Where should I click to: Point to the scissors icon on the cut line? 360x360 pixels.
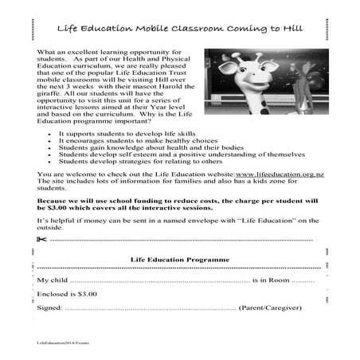(42, 238)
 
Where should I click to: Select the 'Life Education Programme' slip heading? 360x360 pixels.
(179, 260)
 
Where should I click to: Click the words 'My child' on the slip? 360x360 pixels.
(52, 280)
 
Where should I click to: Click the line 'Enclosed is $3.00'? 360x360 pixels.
(67, 293)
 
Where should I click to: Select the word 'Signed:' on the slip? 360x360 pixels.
(49, 307)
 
